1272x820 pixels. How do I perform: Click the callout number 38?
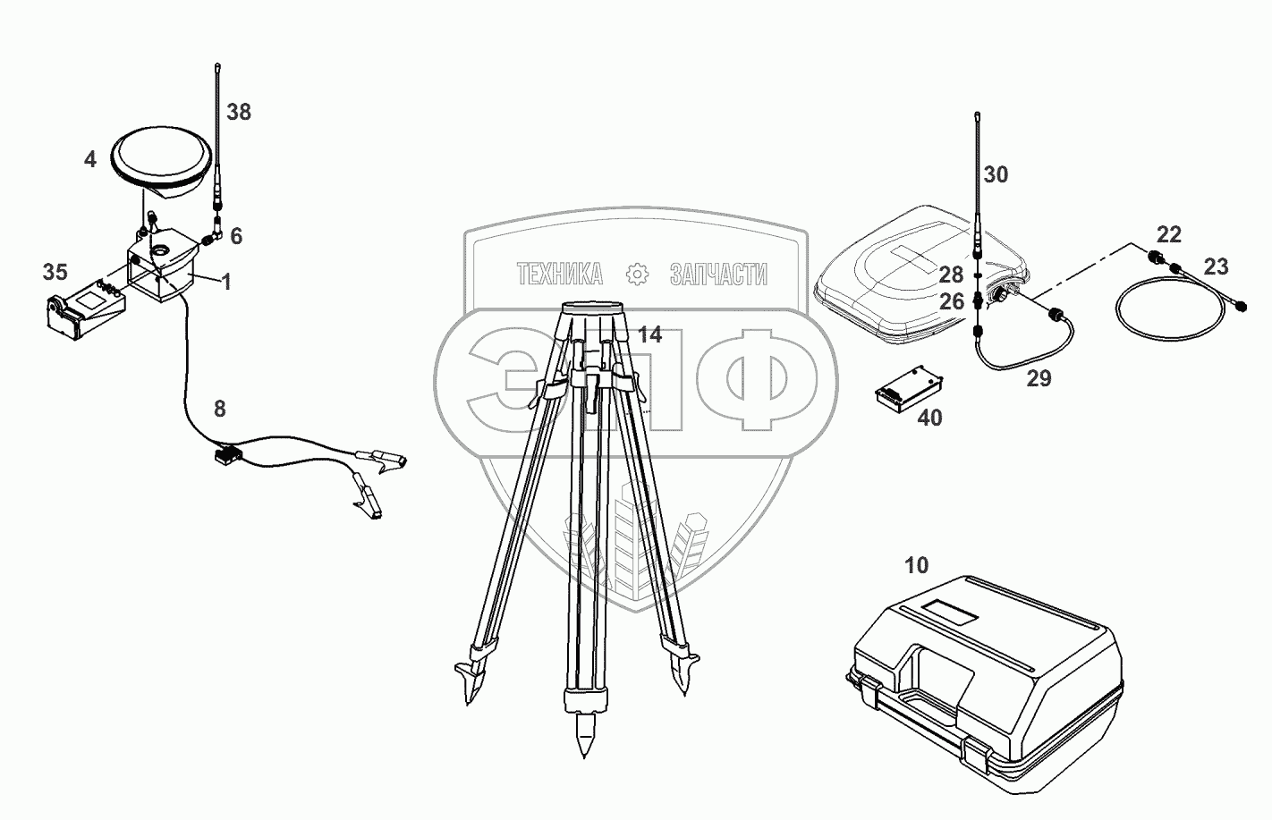239,113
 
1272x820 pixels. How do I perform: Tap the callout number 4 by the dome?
90,160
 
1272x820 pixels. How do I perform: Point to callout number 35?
55,271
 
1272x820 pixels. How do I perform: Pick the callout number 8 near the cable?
219,409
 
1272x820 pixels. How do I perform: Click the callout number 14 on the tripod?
650,335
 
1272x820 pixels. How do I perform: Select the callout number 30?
996,175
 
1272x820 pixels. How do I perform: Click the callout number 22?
1169,234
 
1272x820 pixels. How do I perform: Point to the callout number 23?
1216,266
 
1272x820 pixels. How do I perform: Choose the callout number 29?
1039,378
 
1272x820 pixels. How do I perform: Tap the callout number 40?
930,418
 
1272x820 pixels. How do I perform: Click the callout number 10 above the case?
917,565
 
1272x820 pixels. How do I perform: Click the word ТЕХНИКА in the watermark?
560,275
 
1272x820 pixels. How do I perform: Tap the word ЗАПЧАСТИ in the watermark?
718,275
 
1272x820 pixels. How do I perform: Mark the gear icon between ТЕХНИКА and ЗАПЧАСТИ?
637,275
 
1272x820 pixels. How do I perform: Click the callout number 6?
236,236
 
